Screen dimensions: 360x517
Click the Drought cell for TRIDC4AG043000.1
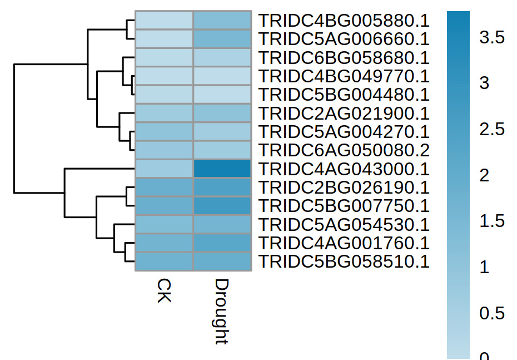(222, 169)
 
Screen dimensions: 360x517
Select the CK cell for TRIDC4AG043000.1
(164, 169)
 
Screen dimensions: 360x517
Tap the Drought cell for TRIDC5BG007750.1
(222, 206)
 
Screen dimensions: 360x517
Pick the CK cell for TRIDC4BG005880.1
(164, 21)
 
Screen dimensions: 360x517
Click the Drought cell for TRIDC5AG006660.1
(222, 39)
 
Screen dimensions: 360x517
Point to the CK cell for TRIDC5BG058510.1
(164, 262)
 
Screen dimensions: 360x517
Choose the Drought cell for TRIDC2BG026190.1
(222, 188)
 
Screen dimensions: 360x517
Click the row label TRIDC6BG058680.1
(344, 58)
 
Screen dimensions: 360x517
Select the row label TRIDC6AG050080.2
(344, 150)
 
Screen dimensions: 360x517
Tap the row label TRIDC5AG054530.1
(344, 225)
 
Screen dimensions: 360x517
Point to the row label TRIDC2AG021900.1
(344, 114)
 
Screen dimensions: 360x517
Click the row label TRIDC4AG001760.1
(344, 243)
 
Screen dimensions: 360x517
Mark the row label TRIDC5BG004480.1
(344, 95)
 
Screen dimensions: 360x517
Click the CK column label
(164, 290)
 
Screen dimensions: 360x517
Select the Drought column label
(222, 312)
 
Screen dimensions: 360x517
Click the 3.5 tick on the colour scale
(492, 38)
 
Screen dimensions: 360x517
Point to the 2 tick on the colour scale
(484, 175)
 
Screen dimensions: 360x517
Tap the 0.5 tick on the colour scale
(492, 313)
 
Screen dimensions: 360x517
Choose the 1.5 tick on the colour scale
(492, 221)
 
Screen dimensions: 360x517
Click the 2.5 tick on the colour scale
(492, 130)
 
